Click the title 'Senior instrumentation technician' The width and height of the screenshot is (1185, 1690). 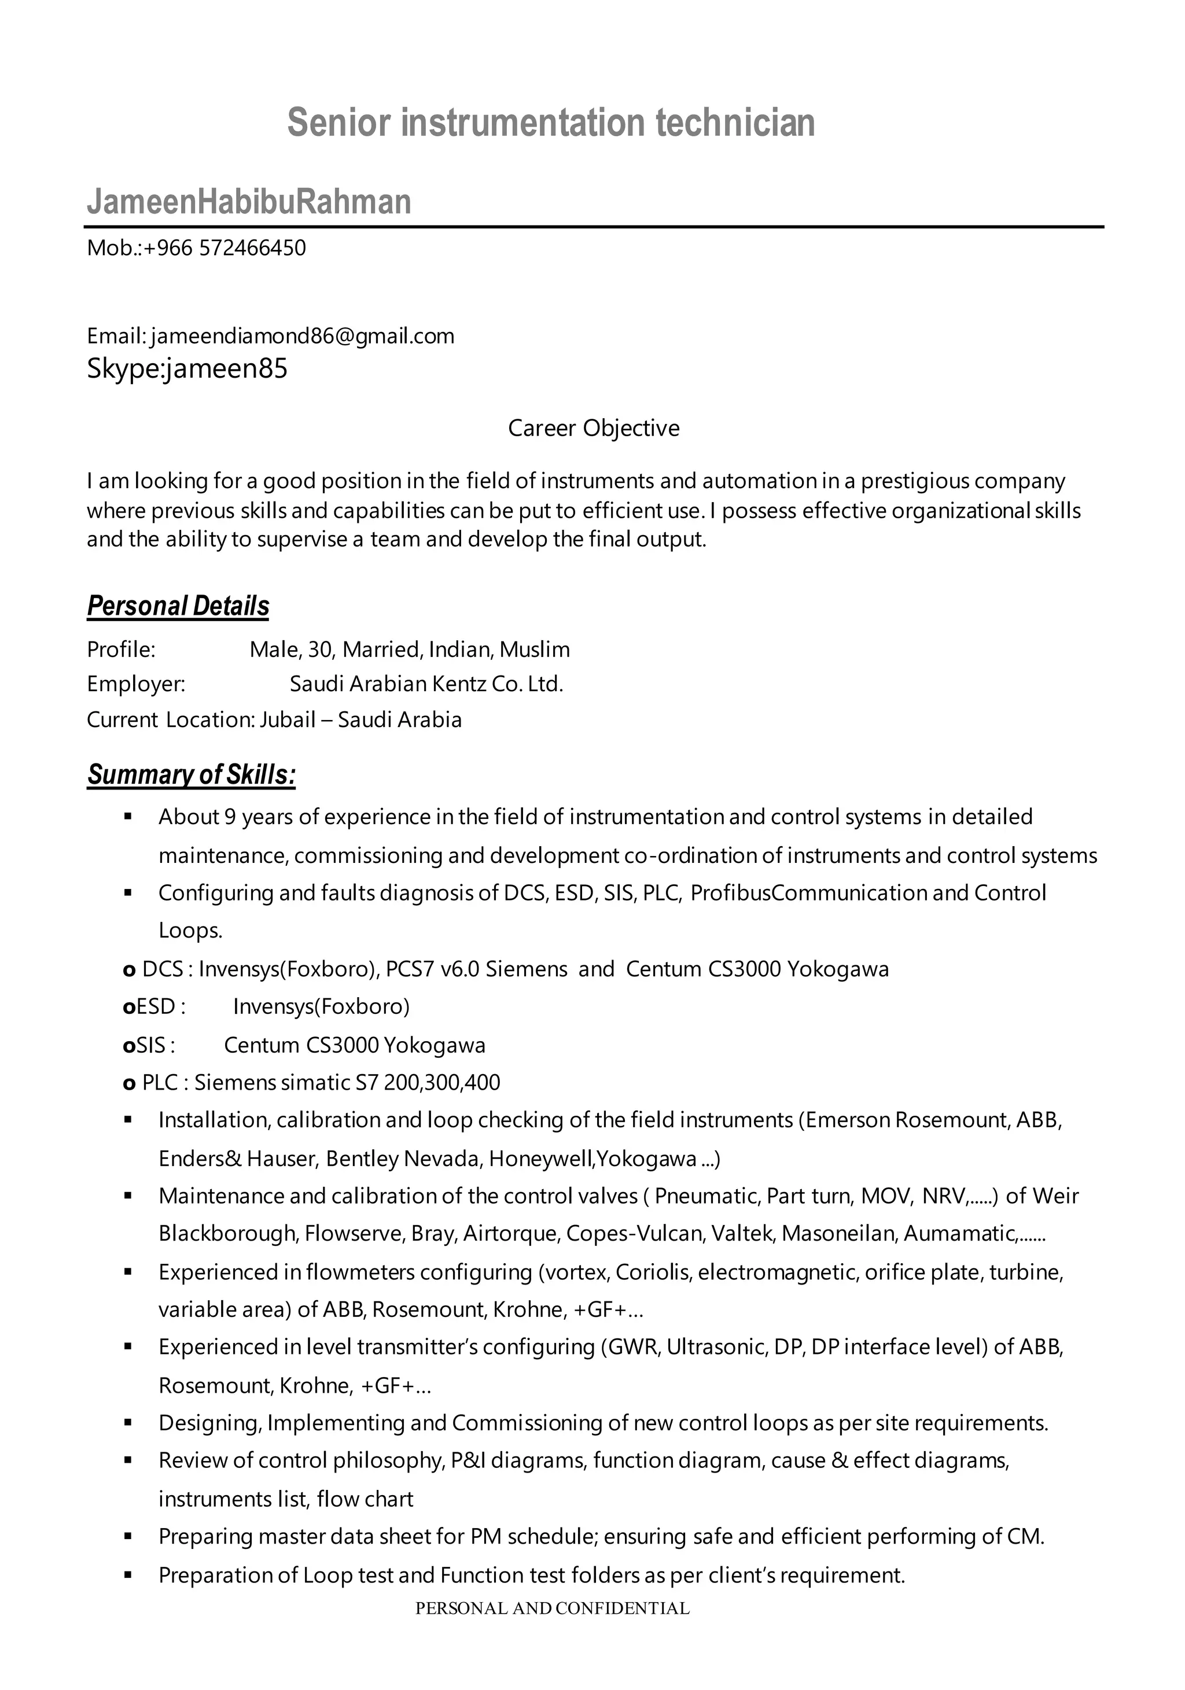551,122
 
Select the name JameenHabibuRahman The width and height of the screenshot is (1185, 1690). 249,202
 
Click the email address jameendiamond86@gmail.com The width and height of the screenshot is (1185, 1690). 303,337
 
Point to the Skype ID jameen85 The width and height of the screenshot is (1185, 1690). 227,368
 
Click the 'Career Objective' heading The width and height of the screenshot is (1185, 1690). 594,427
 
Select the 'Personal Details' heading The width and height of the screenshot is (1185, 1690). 178,606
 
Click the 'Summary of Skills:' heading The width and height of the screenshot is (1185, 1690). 192,774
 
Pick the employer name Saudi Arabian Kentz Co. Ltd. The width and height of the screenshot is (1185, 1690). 426,684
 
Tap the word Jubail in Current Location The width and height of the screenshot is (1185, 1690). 287,719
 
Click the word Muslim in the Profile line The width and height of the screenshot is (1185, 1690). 535,649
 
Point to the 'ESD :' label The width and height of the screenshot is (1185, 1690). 154,1006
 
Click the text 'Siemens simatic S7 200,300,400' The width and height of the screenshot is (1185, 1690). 347,1082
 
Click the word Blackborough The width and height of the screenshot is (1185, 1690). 227,1233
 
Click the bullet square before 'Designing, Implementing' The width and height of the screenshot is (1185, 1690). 127,1423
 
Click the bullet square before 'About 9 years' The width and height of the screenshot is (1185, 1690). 127,816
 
